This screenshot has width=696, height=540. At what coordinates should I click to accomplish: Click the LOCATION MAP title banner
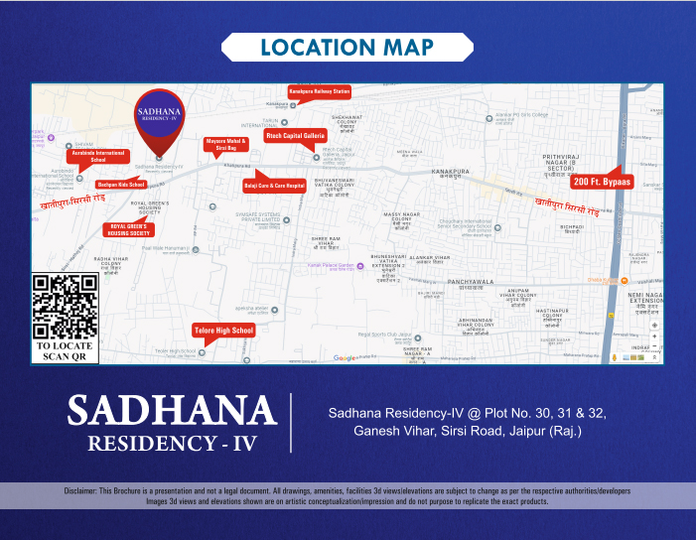tap(348, 48)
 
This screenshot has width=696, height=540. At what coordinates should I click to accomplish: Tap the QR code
tap(67, 306)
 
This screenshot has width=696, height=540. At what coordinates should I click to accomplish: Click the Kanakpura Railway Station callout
tap(320, 91)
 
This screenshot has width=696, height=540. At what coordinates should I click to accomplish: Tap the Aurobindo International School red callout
tap(98, 156)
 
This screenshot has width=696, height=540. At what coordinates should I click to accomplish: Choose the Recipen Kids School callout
tap(121, 185)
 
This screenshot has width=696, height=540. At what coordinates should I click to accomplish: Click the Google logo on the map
tap(345, 357)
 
